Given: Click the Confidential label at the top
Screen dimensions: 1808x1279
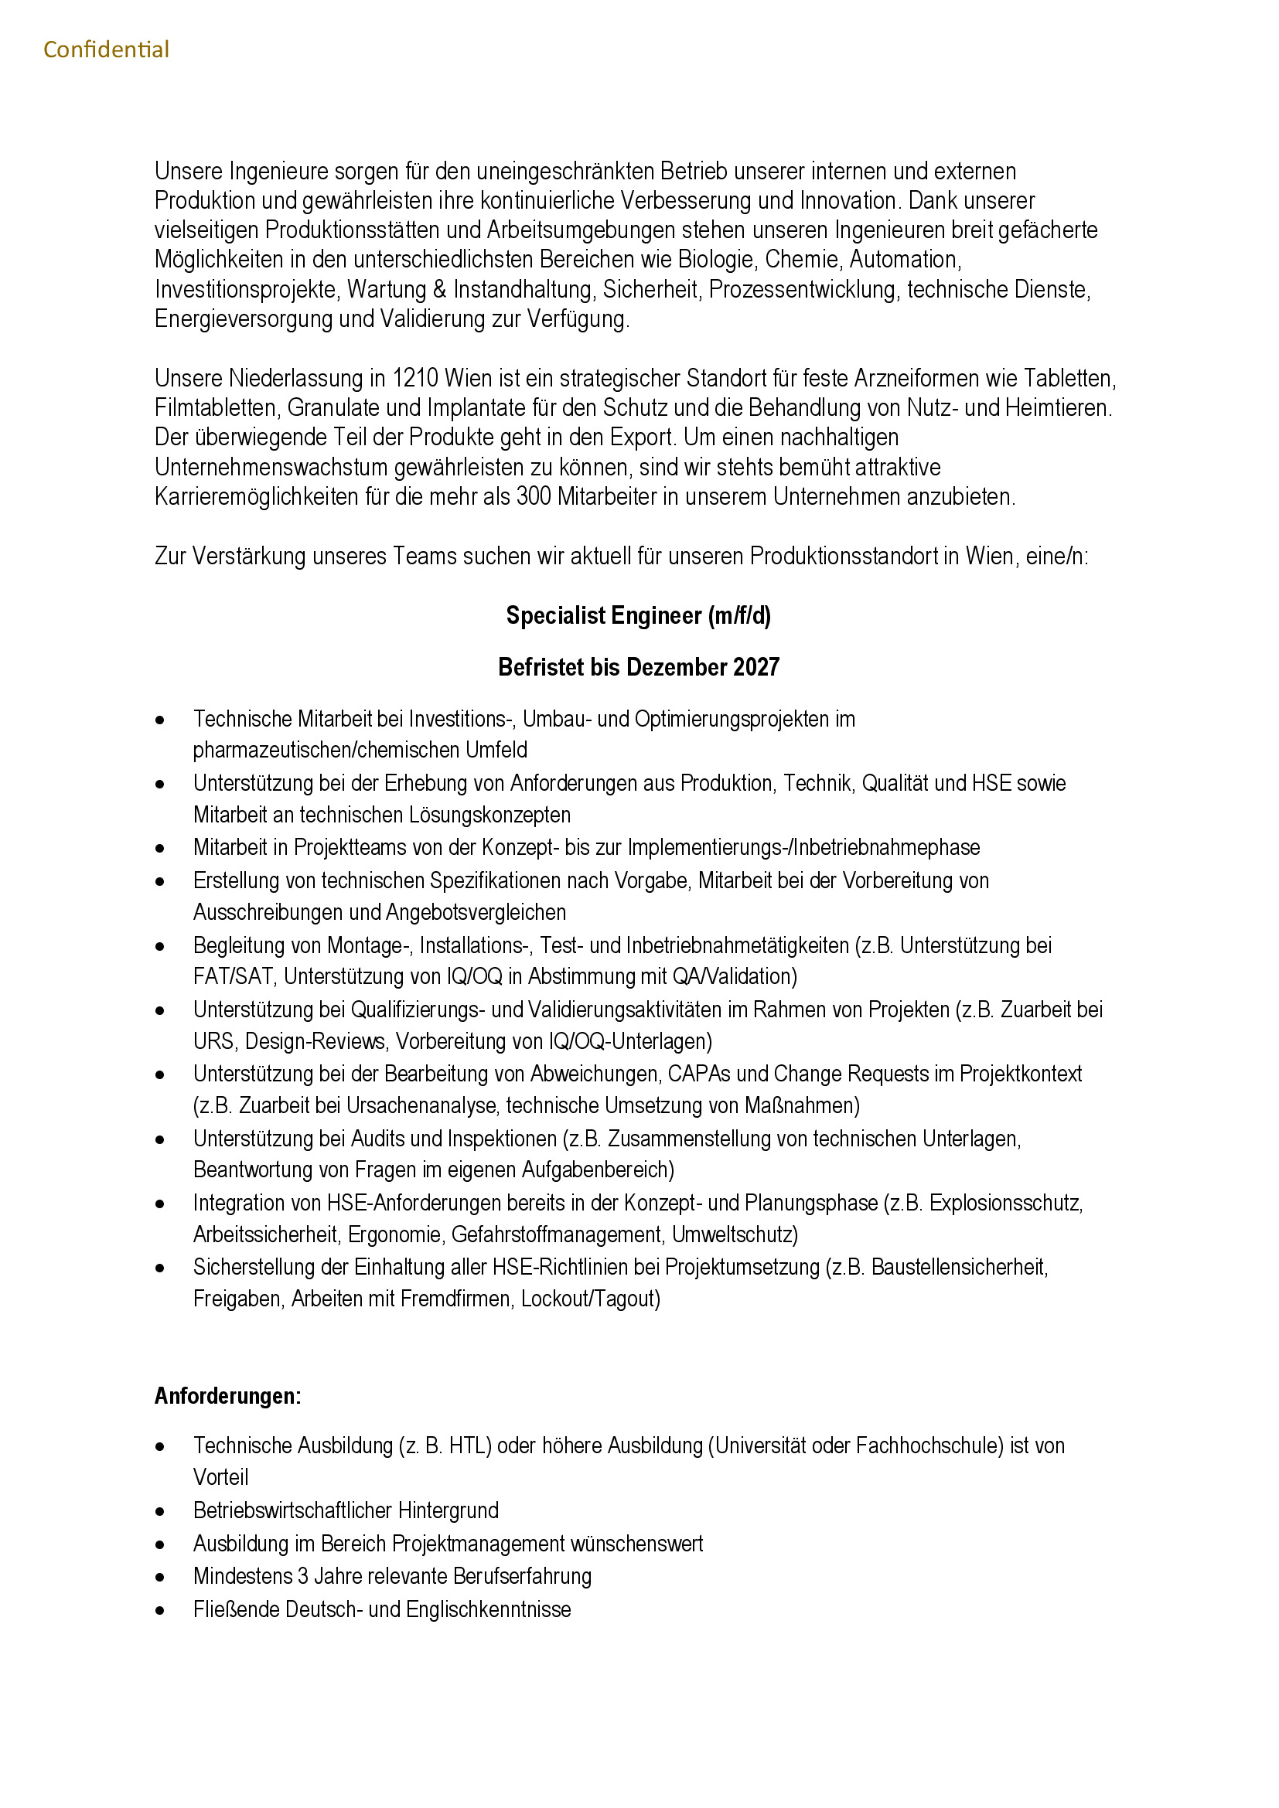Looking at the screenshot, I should coord(106,49).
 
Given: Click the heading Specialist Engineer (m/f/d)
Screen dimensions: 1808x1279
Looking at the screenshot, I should coord(638,616).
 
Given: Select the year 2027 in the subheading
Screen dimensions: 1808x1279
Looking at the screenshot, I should coord(756,668).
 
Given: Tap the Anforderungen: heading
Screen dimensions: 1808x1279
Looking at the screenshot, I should coord(227,1396).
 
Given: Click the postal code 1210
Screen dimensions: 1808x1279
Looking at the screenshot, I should coord(415,379).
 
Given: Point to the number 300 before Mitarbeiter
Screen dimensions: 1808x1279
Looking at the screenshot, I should coord(534,497).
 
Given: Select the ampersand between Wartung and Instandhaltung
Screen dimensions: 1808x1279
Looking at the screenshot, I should coord(439,290).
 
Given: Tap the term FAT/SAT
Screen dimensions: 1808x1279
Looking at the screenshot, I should coord(233,976).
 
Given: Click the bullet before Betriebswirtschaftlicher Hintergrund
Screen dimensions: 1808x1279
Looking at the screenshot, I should coord(161,1512).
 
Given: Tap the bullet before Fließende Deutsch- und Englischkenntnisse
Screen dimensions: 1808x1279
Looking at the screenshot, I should coord(161,1610).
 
